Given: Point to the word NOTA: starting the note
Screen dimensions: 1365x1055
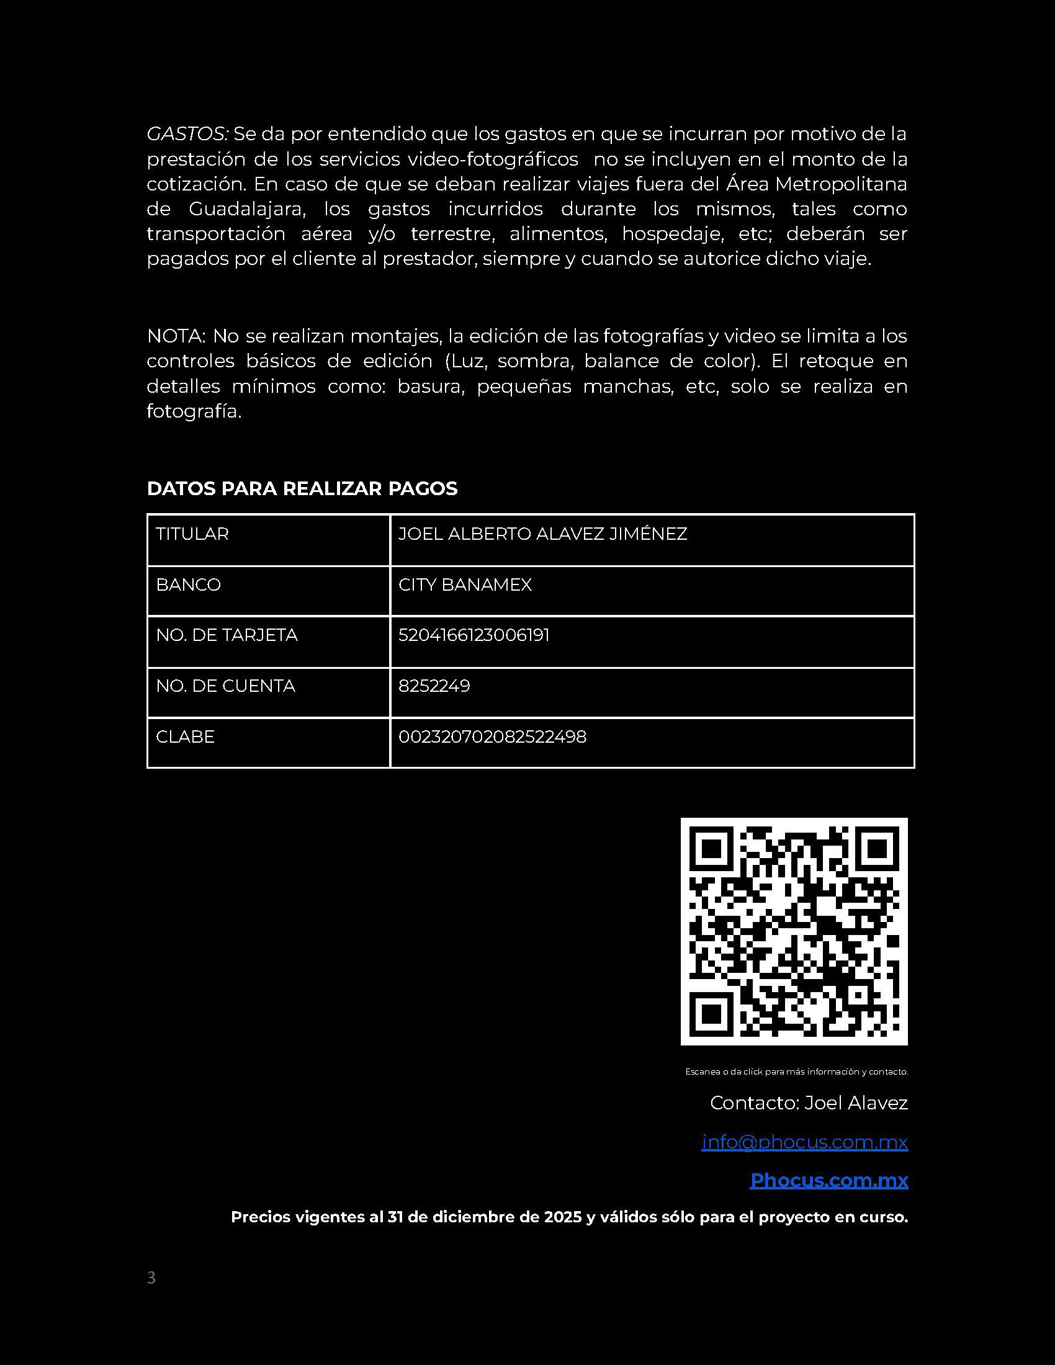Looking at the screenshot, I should (176, 336).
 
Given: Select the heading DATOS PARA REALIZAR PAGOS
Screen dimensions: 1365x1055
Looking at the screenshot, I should (302, 489).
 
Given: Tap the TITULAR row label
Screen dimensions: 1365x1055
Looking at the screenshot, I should (192, 534).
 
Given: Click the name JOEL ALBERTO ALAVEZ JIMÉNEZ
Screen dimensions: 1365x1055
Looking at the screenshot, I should (542, 534).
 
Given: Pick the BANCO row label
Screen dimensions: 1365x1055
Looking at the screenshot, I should (188, 585).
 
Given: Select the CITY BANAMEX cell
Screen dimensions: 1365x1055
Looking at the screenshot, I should (465, 585).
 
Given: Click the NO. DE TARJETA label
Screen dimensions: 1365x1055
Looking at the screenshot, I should (227, 635).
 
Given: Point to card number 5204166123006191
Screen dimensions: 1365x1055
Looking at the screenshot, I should (474, 635).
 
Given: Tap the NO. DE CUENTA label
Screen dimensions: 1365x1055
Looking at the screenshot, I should (225, 686).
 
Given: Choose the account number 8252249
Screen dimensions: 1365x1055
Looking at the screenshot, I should (434, 686).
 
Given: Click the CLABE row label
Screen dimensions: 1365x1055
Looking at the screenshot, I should (185, 737).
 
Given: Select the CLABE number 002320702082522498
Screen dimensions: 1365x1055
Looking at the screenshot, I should (492, 737).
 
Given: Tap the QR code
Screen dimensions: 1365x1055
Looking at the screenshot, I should (794, 931).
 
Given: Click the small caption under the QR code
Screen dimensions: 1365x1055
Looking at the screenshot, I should (796, 1072).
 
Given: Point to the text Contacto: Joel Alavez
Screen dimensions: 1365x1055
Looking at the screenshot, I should (809, 1103).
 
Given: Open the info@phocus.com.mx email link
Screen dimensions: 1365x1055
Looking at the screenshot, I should (804, 1142).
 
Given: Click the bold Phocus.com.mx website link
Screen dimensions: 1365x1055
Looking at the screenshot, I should (828, 1180).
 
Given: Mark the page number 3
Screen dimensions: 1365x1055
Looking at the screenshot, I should (151, 1278).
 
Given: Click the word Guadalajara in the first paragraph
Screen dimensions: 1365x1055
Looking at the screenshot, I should (247, 208).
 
